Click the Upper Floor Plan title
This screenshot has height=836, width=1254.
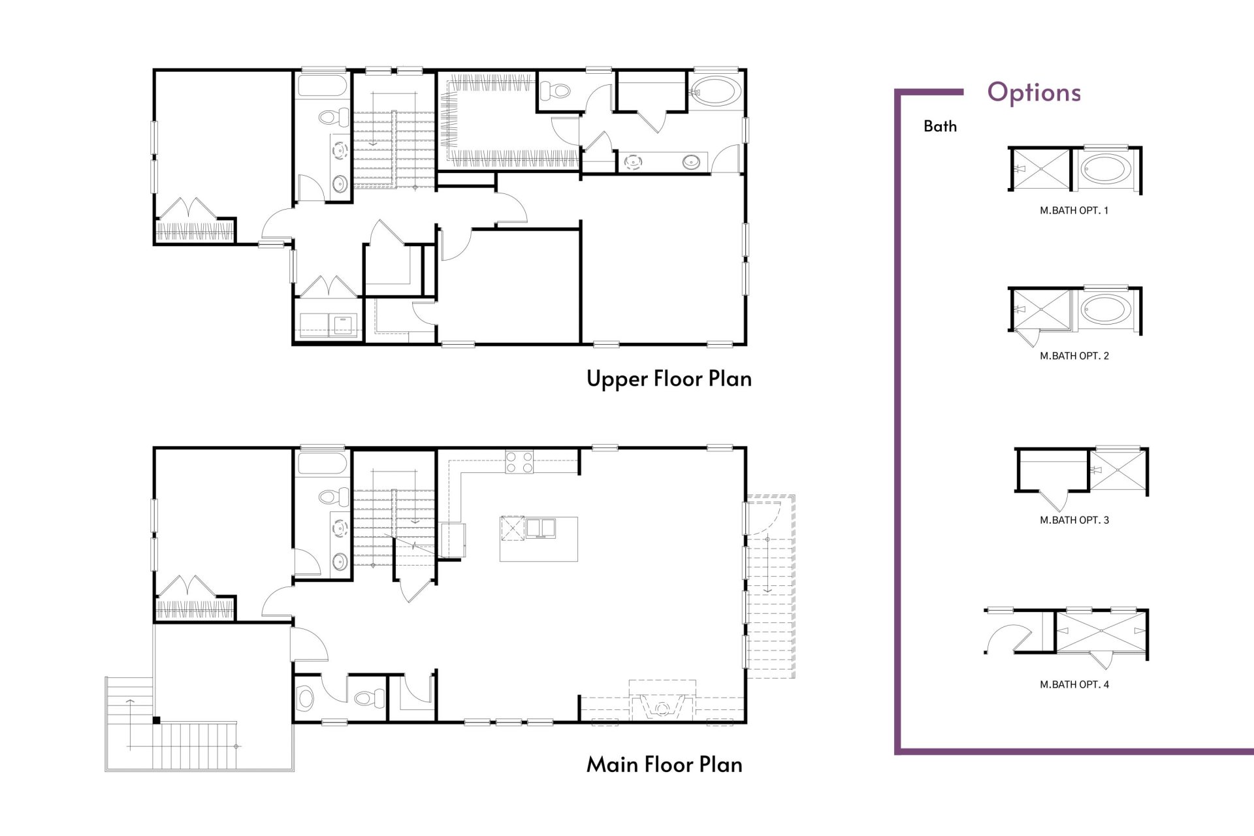click(x=669, y=379)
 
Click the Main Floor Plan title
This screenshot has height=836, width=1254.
click(x=664, y=764)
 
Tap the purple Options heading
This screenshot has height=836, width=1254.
click(x=1034, y=92)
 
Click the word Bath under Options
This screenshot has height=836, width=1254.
click(x=940, y=126)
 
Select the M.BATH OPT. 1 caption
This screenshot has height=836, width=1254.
click(x=1074, y=210)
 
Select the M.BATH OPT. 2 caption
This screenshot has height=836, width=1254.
click(x=1074, y=356)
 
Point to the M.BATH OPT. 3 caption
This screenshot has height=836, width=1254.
click(x=1074, y=520)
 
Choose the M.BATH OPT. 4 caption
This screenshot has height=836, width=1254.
click(x=1074, y=684)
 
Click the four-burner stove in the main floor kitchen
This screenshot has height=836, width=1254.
click(x=519, y=462)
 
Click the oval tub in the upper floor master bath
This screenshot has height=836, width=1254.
click(x=716, y=92)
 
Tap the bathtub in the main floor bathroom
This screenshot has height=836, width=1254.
click(x=321, y=464)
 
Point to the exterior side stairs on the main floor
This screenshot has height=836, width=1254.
click(x=771, y=588)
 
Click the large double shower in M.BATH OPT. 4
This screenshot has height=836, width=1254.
click(x=1101, y=631)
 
